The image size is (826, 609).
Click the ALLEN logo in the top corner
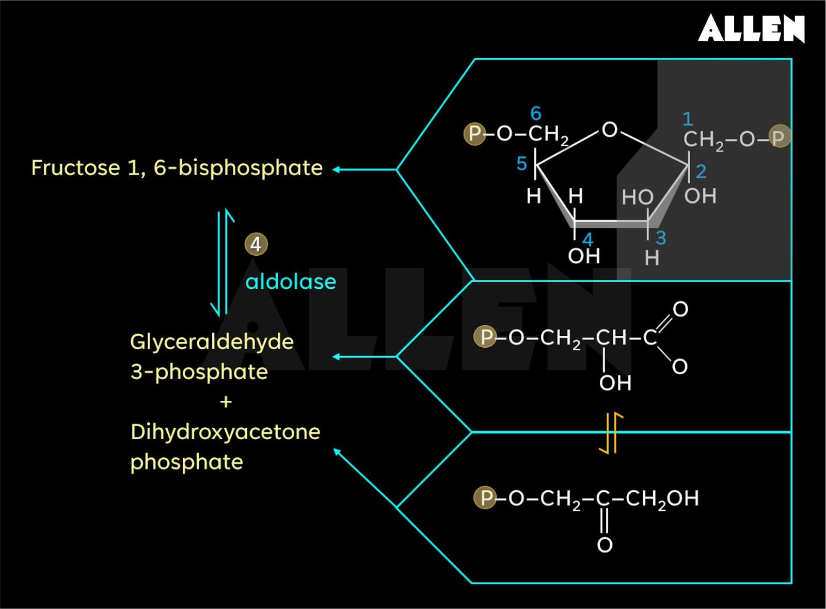pyautogui.click(x=751, y=28)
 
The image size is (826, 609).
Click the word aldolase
pyautogui.click(x=291, y=282)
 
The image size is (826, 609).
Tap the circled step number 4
pyautogui.click(x=256, y=244)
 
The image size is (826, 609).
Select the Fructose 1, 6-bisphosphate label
pyautogui.click(x=177, y=168)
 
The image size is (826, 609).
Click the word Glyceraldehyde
pyautogui.click(x=212, y=341)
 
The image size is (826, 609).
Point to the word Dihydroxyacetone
pyautogui.click(x=225, y=432)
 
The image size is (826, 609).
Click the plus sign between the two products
pyautogui.click(x=226, y=401)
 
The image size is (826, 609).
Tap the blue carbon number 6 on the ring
pyautogui.click(x=536, y=113)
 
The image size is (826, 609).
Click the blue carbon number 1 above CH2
pyautogui.click(x=688, y=119)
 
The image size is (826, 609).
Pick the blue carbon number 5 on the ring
pyautogui.click(x=521, y=164)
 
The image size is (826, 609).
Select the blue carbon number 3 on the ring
pyautogui.click(x=661, y=238)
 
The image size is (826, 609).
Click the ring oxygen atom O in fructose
pyautogui.click(x=610, y=130)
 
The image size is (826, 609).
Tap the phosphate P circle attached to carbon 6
pyautogui.click(x=474, y=134)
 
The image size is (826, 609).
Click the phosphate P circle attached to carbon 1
pyautogui.click(x=779, y=137)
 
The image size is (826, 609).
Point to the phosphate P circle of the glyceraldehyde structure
pyautogui.click(x=485, y=337)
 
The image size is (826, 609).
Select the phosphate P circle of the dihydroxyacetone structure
pyautogui.click(x=485, y=498)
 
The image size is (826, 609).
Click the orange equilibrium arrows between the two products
pyautogui.click(x=611, y=433)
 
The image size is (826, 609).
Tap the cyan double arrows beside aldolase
pyautogui.click(x=223, y=262)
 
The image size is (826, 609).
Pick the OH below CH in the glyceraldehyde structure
pyautogui.click(x=615, y=383)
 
